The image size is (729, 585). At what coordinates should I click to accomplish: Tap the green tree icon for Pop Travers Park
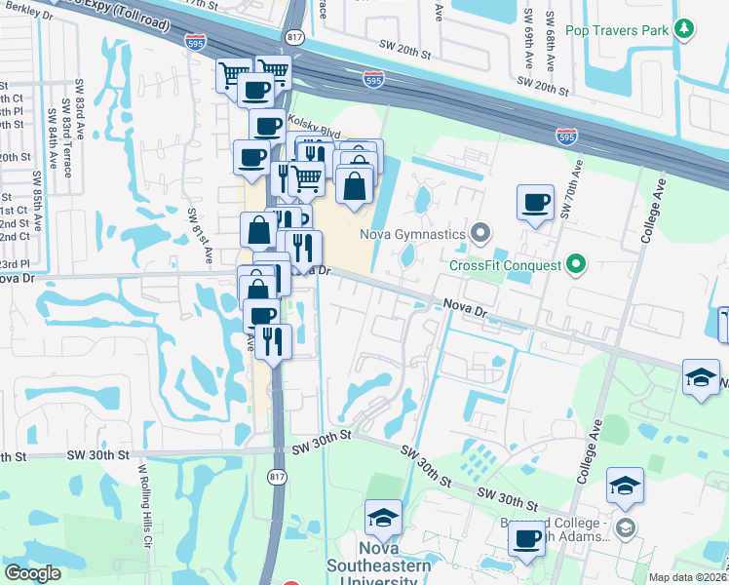(684, 30)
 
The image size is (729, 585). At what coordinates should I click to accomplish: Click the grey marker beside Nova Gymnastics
(479, 233)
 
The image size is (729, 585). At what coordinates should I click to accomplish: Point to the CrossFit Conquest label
(505, 264)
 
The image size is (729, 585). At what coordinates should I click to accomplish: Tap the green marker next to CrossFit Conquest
(575, 263)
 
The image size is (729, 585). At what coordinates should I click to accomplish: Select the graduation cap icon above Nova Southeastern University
(383, 517)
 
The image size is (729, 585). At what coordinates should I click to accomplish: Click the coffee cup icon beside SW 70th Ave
(535, 203)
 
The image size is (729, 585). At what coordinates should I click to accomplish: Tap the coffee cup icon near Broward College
(527, 538)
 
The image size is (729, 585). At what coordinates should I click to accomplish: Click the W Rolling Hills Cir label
(143, 507)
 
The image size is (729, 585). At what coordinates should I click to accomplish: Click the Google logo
(32, 573)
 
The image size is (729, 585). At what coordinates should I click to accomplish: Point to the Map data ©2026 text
(685, 577)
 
